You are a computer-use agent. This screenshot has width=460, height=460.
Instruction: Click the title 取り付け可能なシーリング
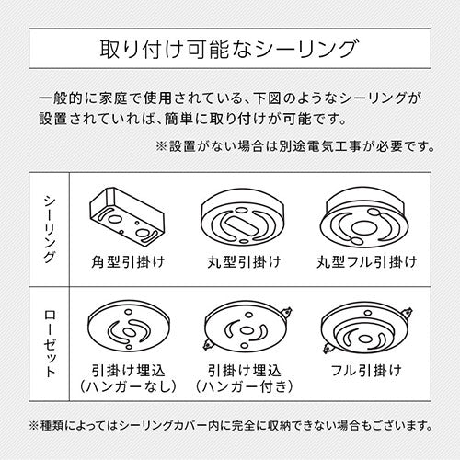click(x=229, y=49)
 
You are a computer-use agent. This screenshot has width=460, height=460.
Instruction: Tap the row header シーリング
click(x=50, y=229)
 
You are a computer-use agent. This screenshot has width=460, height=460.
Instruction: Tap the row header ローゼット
click(x=50, y=343)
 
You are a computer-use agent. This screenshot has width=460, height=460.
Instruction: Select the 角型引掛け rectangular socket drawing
click(x=127, y=217)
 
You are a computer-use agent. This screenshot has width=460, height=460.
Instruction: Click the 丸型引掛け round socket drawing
click(x=244, y=216)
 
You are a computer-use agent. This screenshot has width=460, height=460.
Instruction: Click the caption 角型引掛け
click(x=128, y=262)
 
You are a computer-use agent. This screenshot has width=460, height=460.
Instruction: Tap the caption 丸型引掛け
click(x=244, y=262)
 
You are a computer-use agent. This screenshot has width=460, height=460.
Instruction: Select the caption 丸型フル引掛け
click(x=367, y=262)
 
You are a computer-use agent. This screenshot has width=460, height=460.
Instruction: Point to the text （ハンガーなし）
click(x=128, y=386)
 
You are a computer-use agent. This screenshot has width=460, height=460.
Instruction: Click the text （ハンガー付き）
click(x=244, y=386)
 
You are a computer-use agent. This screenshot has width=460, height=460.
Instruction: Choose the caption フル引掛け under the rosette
click(x=366, y=370)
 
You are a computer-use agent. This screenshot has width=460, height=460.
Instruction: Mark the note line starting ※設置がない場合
click(x=295, y=146)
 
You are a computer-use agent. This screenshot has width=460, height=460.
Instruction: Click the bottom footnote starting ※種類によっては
click(x=231, y=425)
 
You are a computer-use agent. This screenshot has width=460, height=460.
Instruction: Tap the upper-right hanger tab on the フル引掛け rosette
click(x=408, y=313)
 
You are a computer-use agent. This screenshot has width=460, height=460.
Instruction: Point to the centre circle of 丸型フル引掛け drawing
click(x=363, y=228)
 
